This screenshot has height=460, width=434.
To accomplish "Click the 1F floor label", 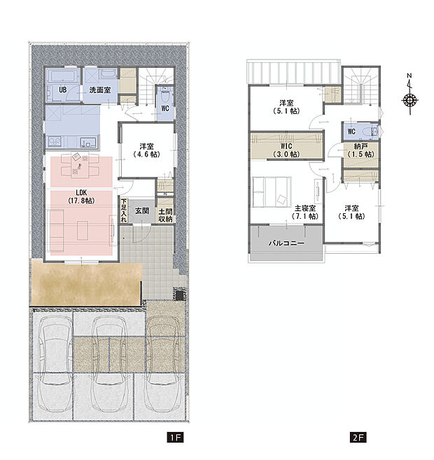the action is (175, 438).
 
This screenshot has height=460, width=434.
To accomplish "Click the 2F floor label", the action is (358, 438).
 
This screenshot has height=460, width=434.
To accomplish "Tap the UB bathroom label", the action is (62, 89).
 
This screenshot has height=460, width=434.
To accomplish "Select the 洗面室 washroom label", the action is (100, 89).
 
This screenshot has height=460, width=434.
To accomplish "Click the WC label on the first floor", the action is (165, 108).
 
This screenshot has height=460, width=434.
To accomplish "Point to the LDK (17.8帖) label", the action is (81, 196).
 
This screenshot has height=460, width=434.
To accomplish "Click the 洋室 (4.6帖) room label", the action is (146, 150).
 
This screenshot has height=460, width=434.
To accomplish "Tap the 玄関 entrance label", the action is (142, 210).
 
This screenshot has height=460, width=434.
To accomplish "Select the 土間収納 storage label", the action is (165, 215).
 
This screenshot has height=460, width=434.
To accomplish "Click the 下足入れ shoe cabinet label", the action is (124, 210).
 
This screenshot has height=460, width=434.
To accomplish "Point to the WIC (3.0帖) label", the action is (286, 150).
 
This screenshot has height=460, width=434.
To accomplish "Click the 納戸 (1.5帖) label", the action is (360, 150).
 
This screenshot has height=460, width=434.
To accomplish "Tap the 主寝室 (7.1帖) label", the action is (305, 212).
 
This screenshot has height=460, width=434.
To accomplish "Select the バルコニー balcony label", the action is (286, 243).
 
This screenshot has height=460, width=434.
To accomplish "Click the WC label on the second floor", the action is (351, 131).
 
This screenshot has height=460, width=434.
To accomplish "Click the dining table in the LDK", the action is (80, 166).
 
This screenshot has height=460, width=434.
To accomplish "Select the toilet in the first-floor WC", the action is (165, 94).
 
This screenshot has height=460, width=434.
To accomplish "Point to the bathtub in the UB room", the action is (63, 76).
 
